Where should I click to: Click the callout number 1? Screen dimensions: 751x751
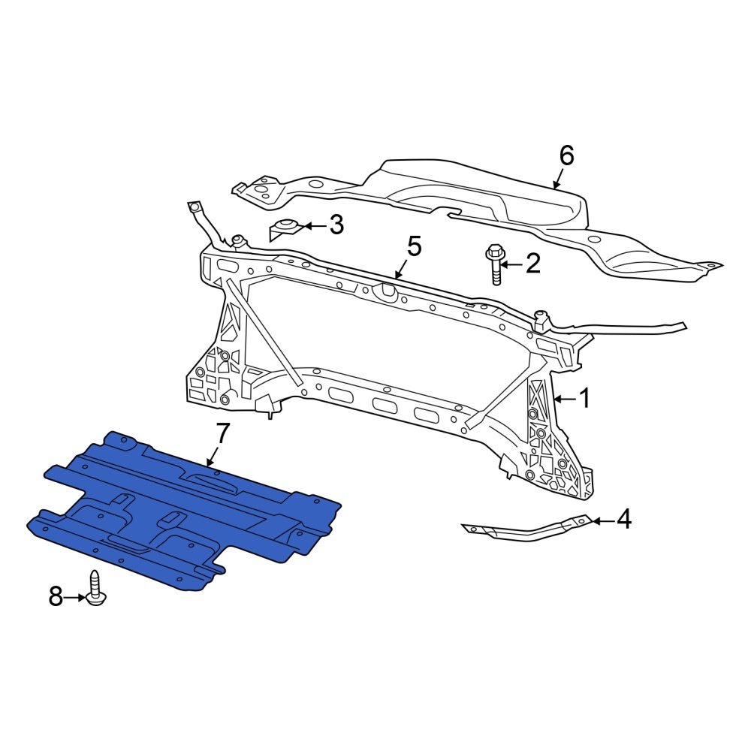click(584, 399)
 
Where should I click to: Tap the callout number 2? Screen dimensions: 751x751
click(532, 264)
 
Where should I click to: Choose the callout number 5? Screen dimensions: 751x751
click(415, 246)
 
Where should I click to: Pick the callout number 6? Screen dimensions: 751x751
click(566, 155)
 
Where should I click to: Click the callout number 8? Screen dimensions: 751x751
click(56, 597)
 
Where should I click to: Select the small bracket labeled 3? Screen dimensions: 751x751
click(285, 229)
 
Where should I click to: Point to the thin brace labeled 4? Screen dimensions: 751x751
click(526, 529)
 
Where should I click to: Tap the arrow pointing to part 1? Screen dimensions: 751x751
click(564, 399)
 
